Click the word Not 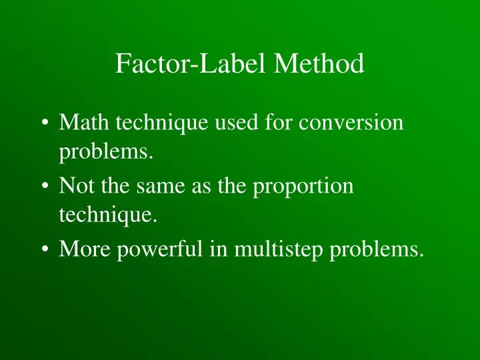click(x=74, y=186)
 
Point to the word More click(x=83, y=249)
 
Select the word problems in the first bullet click(x=105, y=155)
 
